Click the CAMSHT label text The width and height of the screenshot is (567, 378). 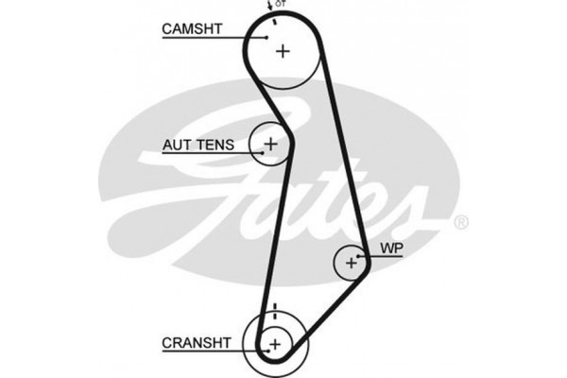(192, 29)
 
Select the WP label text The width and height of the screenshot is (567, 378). (391, 249)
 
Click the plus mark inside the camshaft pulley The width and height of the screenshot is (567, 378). (283, 51)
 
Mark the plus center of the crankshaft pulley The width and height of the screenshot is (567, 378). (274, 342)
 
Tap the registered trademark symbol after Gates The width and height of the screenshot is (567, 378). (460, 223)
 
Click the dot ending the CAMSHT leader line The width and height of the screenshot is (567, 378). (267, 37)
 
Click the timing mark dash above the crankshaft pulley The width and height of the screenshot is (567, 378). (273, 308)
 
